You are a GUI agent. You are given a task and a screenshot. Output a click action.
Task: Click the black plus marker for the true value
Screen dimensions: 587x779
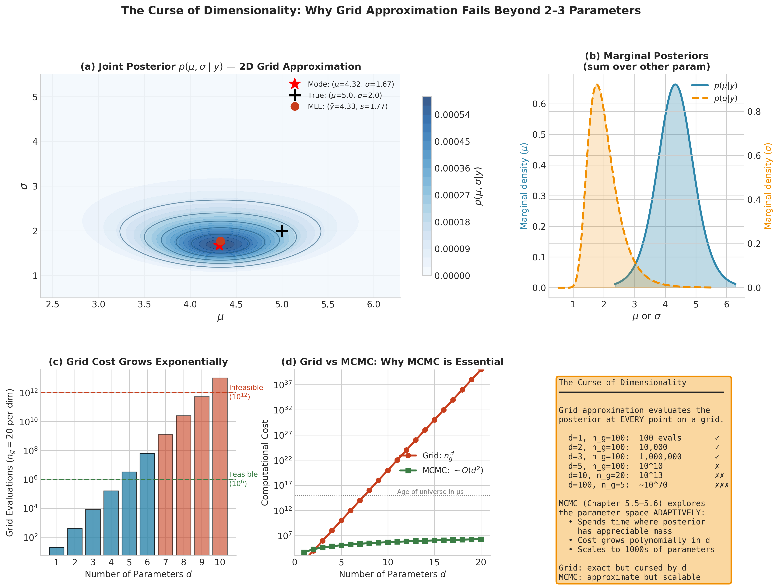(x=282, y=231)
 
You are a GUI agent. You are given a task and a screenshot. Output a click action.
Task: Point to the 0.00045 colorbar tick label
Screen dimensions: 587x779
(x=452, y=142)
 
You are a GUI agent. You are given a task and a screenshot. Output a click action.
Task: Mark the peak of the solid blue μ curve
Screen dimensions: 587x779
(x=675, y=85)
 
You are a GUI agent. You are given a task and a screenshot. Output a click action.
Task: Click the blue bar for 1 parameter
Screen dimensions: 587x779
(x=57, y=551)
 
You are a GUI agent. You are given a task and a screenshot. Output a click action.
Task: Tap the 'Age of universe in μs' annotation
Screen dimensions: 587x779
(x=430, y=492)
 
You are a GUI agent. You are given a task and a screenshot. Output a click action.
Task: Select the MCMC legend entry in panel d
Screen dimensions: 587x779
(x=452, y=470)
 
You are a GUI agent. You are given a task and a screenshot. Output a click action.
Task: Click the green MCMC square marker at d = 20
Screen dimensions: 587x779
(x=481, y=539)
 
